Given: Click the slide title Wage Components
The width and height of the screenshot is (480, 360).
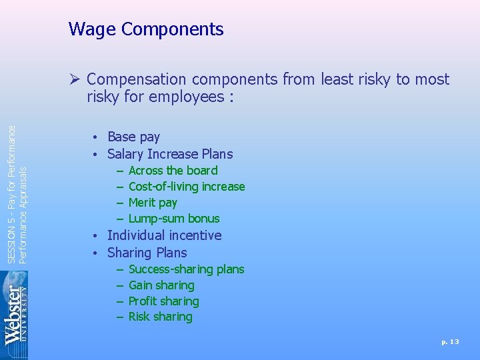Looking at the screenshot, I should point(145,29).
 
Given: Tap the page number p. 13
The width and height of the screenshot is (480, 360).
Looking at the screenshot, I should point(450,341).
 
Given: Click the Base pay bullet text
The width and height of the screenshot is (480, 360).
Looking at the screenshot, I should point(133,137).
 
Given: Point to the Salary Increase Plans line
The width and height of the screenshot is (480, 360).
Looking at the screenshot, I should point(170,154).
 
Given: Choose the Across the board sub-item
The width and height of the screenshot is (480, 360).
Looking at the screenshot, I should point(173,171).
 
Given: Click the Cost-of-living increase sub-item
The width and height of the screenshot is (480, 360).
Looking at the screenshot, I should point(187,187).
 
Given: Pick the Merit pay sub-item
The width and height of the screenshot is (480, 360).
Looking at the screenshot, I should point(153,203).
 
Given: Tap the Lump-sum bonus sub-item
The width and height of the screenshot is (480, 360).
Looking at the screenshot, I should point(173,219).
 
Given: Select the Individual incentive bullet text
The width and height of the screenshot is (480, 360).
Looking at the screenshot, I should point(164,235).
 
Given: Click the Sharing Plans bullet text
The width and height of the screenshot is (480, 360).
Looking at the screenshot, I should point(147,253).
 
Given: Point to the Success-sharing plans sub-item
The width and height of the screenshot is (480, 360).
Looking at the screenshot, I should point(186,269).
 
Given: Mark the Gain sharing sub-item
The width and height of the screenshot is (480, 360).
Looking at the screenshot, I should point(161,285).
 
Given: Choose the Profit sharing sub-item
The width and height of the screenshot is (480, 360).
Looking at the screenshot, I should point(163,301).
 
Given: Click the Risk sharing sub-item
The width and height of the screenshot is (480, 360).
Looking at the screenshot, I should point(160,317).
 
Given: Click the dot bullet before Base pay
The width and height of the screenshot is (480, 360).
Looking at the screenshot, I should point(97,137).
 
